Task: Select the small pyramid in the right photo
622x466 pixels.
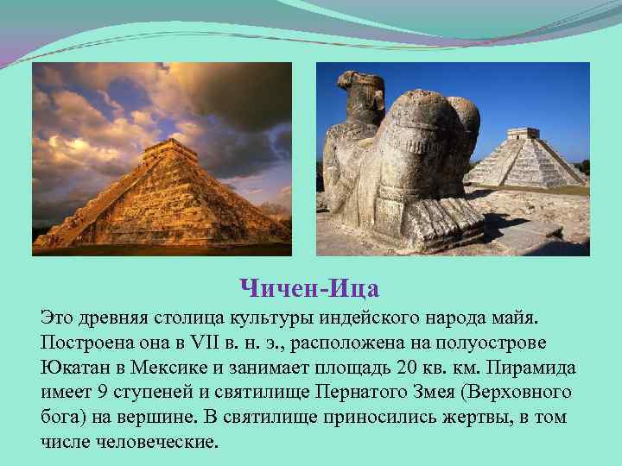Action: [x=525, y=160]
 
